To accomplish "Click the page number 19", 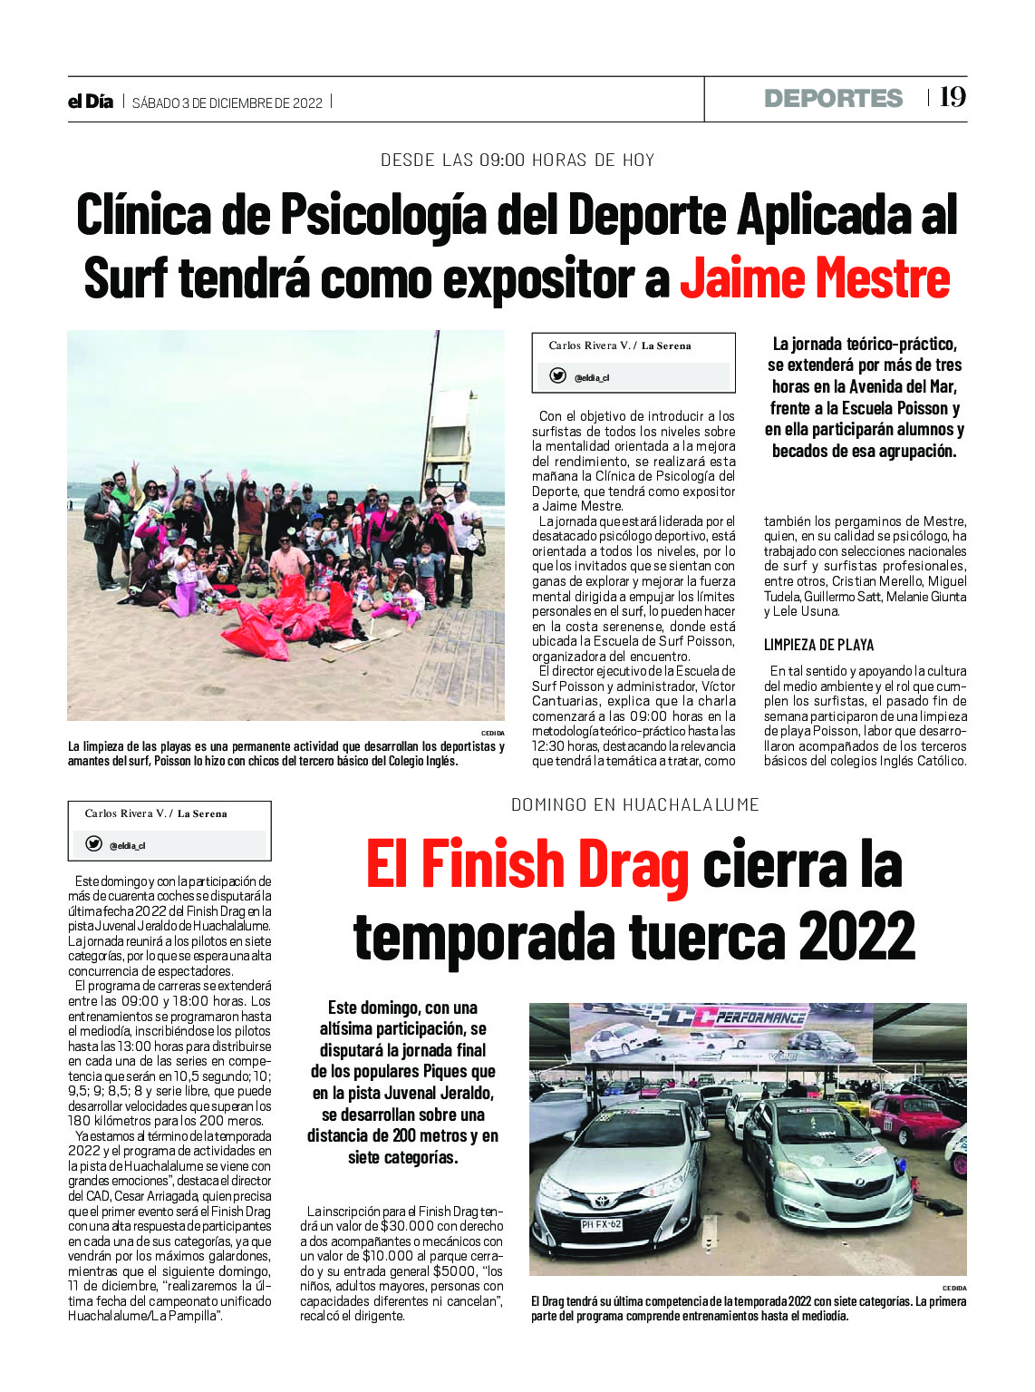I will (953, 97).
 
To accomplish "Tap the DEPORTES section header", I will (833, 98).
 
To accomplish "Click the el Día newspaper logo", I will (91, 102).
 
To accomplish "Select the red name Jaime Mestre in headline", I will (814, 278).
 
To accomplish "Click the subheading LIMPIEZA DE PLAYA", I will (818, 645).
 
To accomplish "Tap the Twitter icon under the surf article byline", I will (558, 376).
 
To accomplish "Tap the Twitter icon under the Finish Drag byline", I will (93, 844).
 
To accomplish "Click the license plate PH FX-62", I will (601, 1224).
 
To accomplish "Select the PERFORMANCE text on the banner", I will (760, 1017).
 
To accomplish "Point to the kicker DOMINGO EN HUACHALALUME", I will (634, 804).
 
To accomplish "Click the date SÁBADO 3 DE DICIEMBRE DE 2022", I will (227, 102).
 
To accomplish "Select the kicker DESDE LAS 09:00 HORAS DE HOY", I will (517, 161).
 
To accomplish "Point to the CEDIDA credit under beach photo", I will (492, 733).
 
